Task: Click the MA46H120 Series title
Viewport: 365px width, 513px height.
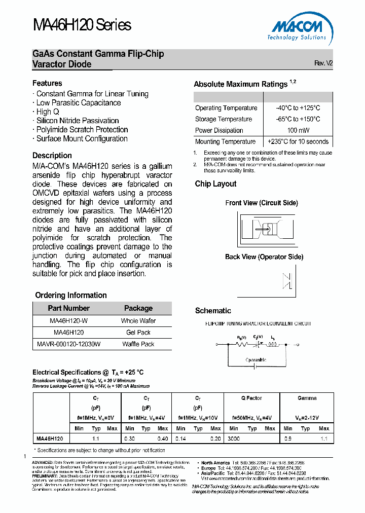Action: tap(82, 25)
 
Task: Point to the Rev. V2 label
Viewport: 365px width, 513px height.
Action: tap(323, 63)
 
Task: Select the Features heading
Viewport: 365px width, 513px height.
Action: tap(47, 83)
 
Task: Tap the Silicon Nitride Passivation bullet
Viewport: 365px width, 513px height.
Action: tap(76, 121)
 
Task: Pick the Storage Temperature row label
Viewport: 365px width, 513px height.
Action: tap(224, 119)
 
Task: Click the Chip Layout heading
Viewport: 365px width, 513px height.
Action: tap(215, 184)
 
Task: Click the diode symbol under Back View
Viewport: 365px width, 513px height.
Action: tap(287, 281)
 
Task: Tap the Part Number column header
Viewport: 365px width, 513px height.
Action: tap(68, 308)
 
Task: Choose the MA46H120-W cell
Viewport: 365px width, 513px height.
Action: tap(68, 321)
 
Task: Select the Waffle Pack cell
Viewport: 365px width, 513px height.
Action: tap(138, 344)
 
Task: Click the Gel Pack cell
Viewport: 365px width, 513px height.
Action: tap(138, 333)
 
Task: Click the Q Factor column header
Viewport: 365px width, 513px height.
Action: tap(251, 398)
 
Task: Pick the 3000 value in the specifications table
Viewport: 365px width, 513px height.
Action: tap(234, 438)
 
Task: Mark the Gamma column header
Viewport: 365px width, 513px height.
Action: tap(307, 398)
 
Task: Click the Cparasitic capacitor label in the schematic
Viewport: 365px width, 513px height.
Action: tap(256, 360)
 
